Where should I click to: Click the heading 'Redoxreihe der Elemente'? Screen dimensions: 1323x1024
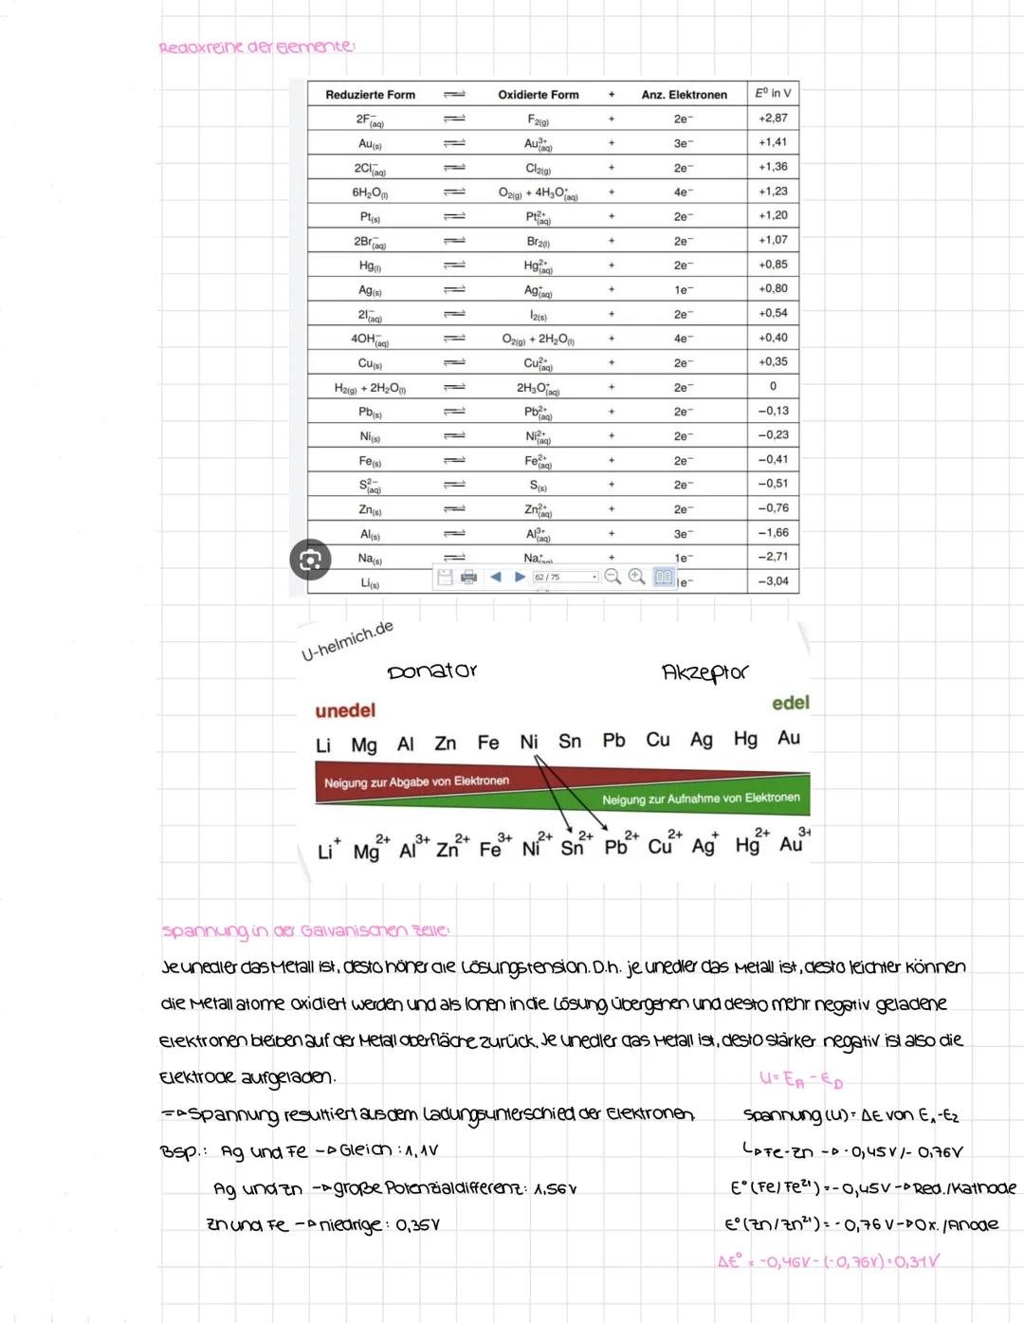click(x=256, y=47)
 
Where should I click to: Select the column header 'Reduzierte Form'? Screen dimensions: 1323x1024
click(x=370, y=95)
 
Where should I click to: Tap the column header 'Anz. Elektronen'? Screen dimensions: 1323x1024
click(x=684, y=95)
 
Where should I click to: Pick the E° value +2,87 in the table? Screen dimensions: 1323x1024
click(x=773, y=119)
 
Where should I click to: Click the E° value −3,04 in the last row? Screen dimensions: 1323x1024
click(x=773, y=581)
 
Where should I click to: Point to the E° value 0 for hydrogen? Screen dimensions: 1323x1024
click(x=773, y=387)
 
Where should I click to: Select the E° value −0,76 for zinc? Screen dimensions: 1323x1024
click(x=773, y=508)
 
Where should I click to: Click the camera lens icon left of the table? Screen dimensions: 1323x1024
click(x=310, y=560)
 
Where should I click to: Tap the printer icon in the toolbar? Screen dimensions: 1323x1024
click(x=468, y=577)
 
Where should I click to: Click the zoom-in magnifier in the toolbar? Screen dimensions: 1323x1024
click(x=637, y=577)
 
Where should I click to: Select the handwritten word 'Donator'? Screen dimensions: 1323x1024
click(x=432, y=671)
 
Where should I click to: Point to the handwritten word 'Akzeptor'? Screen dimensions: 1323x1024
click(x=704, y=672)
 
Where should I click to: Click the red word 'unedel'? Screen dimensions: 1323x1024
click(x=345, y=710)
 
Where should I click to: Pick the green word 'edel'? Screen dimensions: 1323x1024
click(x=790, y=703)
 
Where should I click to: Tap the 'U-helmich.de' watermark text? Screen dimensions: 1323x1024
click(x=347, y=641)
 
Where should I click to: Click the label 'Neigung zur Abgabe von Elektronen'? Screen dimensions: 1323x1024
click(x=416, y=781)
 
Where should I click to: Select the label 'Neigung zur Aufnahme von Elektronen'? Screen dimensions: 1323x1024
click(x=700, y=799)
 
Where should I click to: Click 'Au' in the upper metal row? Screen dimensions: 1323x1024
click(x=788, y=738)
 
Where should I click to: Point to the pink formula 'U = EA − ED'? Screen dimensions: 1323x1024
click(x=801, y=1080)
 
